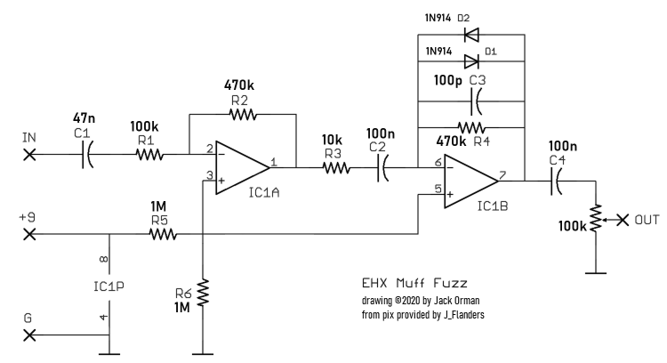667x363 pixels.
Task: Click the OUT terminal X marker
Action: point(622,219)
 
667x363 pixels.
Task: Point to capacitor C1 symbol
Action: point(89,155)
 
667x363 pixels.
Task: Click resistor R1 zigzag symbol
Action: point(149,155)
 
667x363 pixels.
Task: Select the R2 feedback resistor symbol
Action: point(241,114)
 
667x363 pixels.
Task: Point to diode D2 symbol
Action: point(471,36)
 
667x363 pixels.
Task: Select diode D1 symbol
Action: point(471,61)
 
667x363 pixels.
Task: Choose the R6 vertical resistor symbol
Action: point(204,292)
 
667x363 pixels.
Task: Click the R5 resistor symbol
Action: point(163,235)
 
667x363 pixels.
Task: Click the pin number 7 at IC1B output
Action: point(504,176)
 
